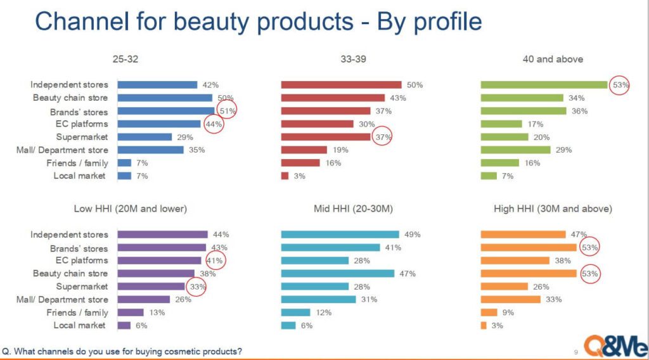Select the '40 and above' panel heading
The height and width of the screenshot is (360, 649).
point(553,59)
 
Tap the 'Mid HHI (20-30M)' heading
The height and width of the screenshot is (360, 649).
point(353,209)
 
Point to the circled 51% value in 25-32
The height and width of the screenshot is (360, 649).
point(228,111)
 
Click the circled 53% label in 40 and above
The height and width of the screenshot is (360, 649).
point(620,85)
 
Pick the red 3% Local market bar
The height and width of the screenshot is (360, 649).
point(285,176)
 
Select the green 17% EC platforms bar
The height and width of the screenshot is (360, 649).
point(501,124)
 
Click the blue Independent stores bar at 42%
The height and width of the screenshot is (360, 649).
point(157,85)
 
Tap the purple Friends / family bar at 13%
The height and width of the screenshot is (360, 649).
point(131,312)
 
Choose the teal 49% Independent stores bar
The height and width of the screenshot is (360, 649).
point(340,235)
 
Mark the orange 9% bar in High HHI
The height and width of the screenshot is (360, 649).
point(489,312)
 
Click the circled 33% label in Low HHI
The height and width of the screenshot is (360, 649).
point(198,286)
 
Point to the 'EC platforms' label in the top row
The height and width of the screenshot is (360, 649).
point(82,124)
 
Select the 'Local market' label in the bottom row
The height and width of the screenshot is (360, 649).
point(79,325)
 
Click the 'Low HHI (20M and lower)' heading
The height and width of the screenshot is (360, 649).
point(131,209)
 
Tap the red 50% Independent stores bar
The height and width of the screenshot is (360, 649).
point(341,85)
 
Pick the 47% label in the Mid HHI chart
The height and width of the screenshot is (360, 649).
point(408,274)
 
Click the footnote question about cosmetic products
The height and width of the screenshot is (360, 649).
point(122,352)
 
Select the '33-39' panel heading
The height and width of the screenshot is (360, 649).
point(353,59)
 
